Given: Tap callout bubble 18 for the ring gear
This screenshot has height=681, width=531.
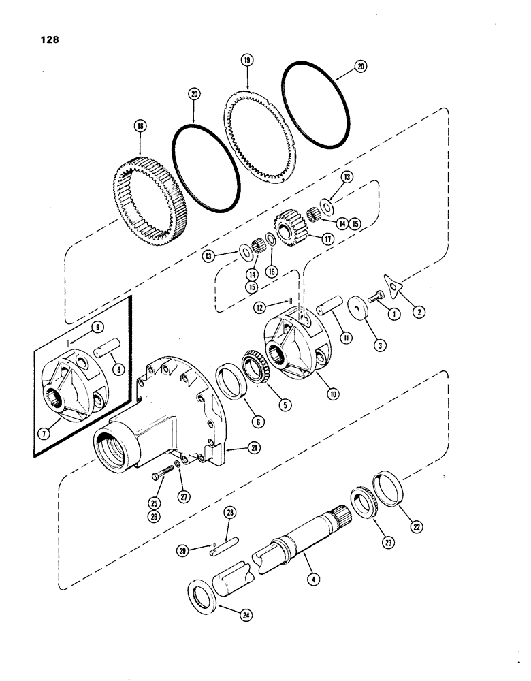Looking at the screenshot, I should coord(140,126).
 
